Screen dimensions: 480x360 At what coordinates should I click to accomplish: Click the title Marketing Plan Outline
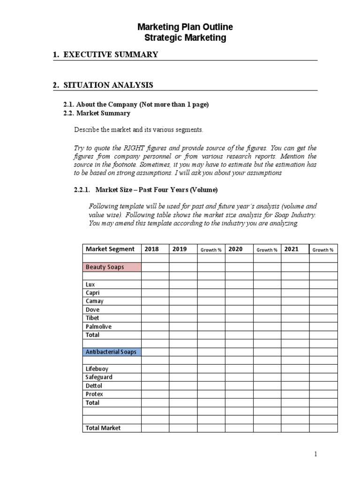[x=185, y=27]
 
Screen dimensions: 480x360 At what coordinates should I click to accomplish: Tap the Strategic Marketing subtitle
[x=185, y=38]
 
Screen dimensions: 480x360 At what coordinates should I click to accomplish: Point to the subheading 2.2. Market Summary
[x=97, y=113]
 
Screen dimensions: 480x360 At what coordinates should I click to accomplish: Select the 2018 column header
[x=152, y=249]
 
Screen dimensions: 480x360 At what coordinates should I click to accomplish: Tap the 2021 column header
[x=292, y=249]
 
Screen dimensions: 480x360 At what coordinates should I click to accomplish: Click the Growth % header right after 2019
[x=211, y=250]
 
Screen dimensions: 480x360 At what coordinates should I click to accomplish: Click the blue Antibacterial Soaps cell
[x=111, y=352]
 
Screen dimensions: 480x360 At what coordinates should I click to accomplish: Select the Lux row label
[x=90, y=285]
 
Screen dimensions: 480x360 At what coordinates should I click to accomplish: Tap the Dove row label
[x=93, y=310]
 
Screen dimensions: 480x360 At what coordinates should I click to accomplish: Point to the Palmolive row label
[x=98, y=327]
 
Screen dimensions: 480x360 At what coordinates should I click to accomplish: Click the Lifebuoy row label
[x=97, y=369]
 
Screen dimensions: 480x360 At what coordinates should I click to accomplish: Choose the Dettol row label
[x=94, y=386]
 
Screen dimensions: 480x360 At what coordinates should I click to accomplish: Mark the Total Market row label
[x=103, y=428]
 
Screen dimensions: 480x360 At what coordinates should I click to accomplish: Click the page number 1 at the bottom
[x=316, y=454]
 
